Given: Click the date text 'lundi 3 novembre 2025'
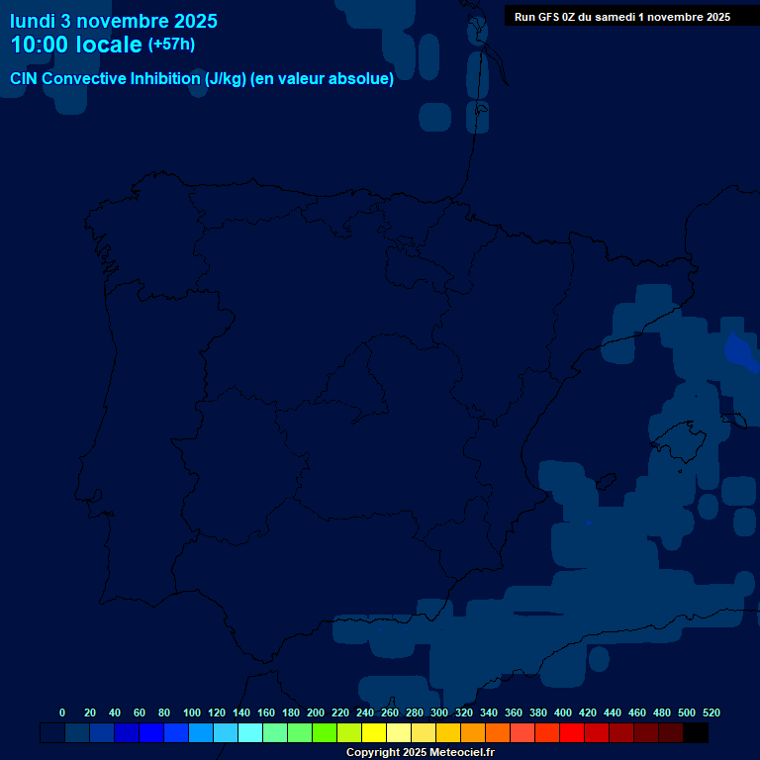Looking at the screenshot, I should point(114,21).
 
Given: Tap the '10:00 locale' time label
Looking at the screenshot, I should point(76,45).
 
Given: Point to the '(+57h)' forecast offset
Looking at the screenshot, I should point(171,45).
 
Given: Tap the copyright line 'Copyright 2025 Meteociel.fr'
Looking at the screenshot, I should point(420,752).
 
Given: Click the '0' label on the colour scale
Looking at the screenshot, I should point(62,712).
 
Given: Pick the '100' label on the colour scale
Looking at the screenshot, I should point(192,712).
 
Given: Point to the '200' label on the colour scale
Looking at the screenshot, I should point(316,712).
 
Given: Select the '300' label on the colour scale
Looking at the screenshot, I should point(439,712).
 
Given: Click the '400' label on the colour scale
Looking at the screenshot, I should point(563,712).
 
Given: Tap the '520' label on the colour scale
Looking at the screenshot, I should point(711,712).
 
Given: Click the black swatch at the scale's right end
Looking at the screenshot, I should point(696,733).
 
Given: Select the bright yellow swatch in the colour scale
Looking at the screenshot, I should point(374,733).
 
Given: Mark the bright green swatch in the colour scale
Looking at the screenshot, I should point(325,733).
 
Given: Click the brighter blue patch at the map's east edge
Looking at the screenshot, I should point(740,351).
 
